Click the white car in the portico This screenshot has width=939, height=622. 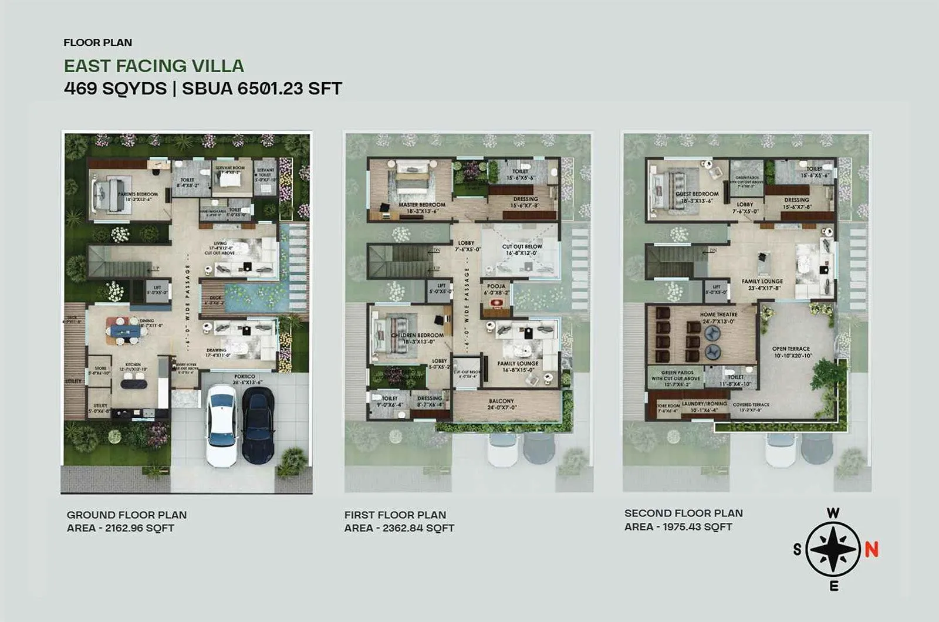click(x=222, y=424)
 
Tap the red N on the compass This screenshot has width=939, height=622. click(x=872, y=549)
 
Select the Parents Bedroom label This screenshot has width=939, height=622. click(x=138, y=194)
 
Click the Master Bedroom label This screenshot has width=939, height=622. click(x=421, y=205)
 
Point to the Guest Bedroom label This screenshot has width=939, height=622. click(x=697, y=194)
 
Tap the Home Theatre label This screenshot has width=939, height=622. click(x=718, y=315)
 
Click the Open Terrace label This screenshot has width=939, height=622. click(x=791, y=349)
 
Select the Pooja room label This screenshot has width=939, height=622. click(x=496, y=286)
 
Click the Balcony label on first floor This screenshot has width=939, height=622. click(x=501, y=401)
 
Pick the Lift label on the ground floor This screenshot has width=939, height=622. click(x=157, y=288)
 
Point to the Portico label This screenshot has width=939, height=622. click(x=244, y=376)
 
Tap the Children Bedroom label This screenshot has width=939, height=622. click(x=417, y=335)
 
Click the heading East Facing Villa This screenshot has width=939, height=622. click(x=154, y=66)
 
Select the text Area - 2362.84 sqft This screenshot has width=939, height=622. click(x=399, y=528)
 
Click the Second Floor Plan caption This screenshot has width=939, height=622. click(x=683, y=513)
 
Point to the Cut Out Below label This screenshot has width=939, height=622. click(x=522, y=246)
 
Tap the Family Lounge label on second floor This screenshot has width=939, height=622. click(x=762, y=282)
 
